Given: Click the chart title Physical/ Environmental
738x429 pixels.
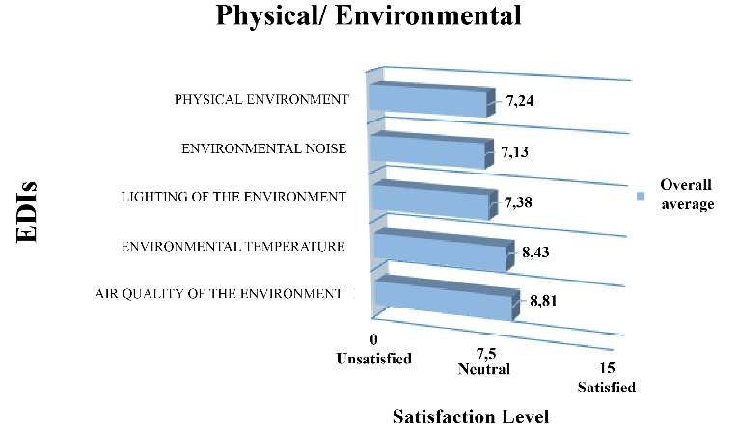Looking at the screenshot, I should [x=369, y=16].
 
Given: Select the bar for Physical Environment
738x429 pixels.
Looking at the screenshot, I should [x=429, y=101].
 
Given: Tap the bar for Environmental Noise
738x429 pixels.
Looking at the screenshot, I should [x=427, y=151].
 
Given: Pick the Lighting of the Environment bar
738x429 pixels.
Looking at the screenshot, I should [x=431, y=201].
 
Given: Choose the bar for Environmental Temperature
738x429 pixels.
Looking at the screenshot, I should [x=440, y=253].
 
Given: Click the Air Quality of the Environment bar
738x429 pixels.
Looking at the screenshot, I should [x=442, y=300].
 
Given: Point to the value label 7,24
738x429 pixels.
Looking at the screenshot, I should [x=522, y=100].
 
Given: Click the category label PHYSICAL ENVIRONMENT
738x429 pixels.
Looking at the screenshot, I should [x=260, y=99].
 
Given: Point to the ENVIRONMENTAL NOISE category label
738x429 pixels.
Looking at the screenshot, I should [x=263, y=149].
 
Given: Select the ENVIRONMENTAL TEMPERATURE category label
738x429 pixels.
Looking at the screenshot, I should [x=232, y=247].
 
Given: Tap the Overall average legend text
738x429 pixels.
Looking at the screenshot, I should [x=686, y=194].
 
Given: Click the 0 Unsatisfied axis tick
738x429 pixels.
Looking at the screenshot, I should [x=373, y=350].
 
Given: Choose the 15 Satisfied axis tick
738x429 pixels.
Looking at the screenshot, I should [x=606, y=380].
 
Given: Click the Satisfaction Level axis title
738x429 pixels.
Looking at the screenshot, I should [x=470, y=416].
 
